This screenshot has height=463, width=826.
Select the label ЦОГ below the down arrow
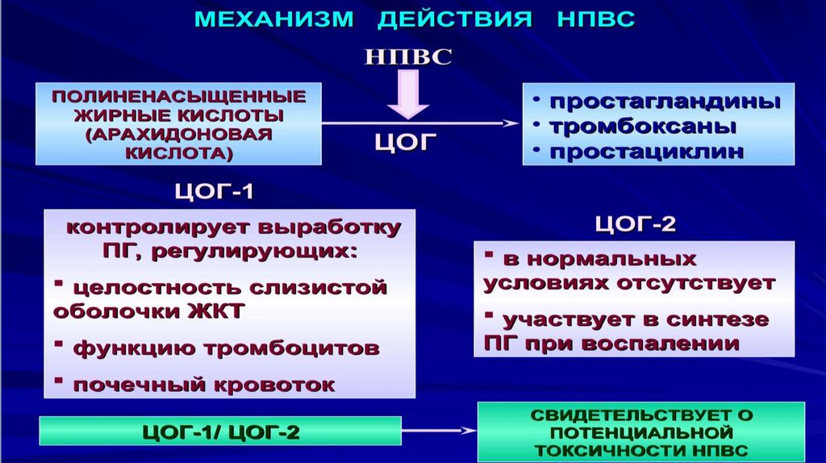[x=406, y=143]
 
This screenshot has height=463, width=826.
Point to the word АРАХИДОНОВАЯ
[x=179, y=132]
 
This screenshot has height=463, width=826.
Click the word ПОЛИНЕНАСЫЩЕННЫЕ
[x=179, y=96]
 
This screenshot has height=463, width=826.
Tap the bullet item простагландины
[x=664, y=102]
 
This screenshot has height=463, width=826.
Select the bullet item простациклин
[x=646, y=152]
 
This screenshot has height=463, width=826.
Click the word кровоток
[x=283, y=384]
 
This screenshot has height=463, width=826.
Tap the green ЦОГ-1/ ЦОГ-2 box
[x=220, y=432]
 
